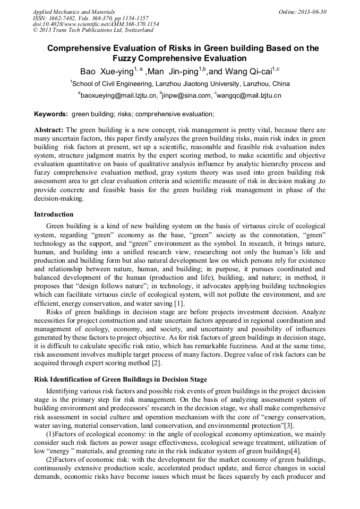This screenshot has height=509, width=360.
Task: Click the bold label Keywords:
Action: [51, 114]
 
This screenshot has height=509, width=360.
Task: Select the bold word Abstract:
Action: [49, 130]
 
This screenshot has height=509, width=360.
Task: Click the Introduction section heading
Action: [54, 214]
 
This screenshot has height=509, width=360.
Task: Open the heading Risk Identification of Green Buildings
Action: [121, 379]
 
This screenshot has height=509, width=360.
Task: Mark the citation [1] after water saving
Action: [179, 303]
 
